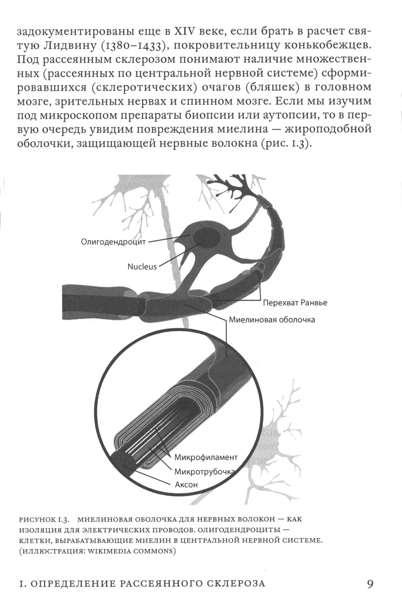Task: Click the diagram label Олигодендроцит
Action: click(x=113, y=242)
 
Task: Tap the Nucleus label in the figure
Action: click(x=142, y=266)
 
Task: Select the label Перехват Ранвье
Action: click(x=295, y=303)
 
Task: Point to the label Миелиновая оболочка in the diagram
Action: click(x=272, y=320)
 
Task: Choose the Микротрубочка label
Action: click(x=205, y=472)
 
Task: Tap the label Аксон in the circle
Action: click(x=186, y=485)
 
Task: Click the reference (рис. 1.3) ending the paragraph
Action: click(x=284, y=144)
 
